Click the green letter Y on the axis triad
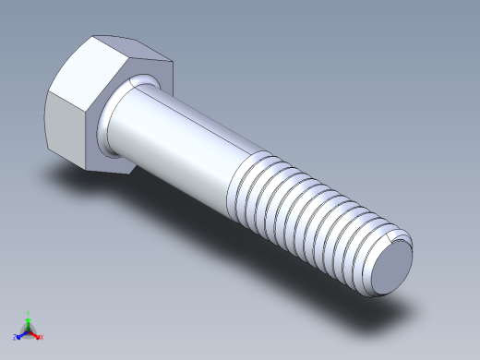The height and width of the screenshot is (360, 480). pyautogui.click(x=29, y=314)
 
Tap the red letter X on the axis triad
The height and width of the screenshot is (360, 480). pyautogui.click(x=42, y=337)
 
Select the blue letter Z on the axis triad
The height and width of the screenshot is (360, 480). pyautogui.click(x=15, y=337)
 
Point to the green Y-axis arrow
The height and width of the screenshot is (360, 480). pyautogui.click(x=29, y=322)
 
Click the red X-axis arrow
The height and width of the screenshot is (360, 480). pyautogui.click(x=36, y=333)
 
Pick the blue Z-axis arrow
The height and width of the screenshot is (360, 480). pyautogui.click(x=21, y=333)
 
